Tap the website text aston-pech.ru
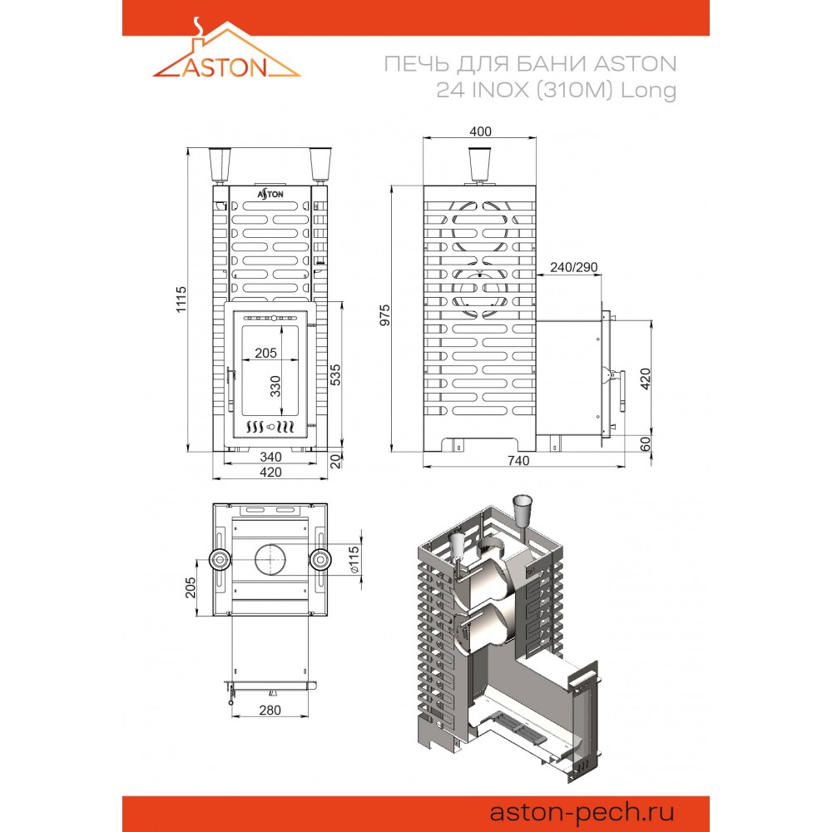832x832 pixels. [x=582, y=812]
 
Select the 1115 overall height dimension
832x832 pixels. [x=181, y=300]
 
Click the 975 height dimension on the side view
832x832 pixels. [x=384, y=315]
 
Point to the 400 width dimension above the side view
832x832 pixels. [x=480, y=131]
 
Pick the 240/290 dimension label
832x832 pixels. [x=573, y=267]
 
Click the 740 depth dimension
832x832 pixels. [x=518, y=461]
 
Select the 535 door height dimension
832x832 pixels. [x=335, y=374]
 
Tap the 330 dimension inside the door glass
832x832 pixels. [x=275, y=386]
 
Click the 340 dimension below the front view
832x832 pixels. [x=270, y=456]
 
